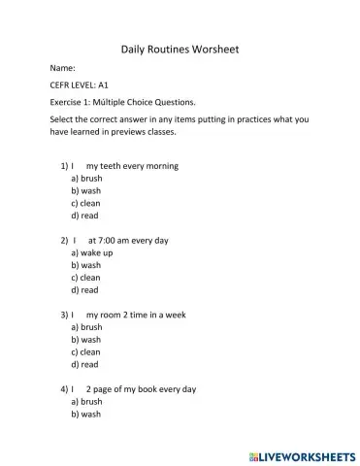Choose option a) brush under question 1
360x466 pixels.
(x=86, y=179)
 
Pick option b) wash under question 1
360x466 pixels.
(x=85, y=191)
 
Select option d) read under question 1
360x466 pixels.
(x=84, y=216)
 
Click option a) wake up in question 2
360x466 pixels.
(x=92, y=252)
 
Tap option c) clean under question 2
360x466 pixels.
(x=85, y=277)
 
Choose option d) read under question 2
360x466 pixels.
(x=84, y=289)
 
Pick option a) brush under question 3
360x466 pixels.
(x=86, y=327)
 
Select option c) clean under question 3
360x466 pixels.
(x=85, y=351)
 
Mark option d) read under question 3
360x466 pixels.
(x=84, y=364)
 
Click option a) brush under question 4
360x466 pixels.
(x=86, y=401)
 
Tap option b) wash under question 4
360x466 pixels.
(x=85, y=414)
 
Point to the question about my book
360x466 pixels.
(x=140, y=388)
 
